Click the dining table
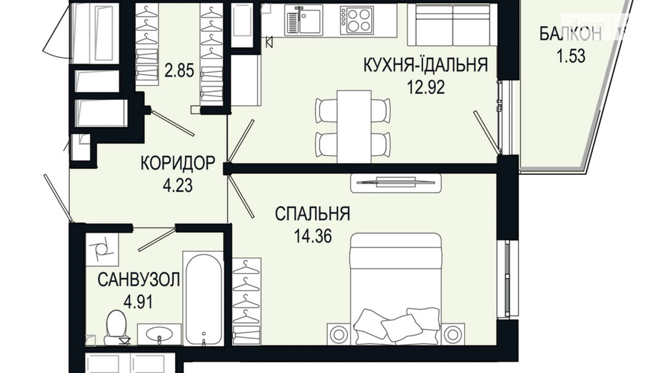pyautogui.click(x=354, y=126)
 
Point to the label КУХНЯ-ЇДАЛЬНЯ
pyautogui.click(x=426, y=65)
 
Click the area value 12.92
pyautogui.click(x=426, y=87)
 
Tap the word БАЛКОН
pyautogui.click(x=570, y=34)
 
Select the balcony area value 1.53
pyautogui.click(x=571, y=56)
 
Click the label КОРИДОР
pyautogui.click(x=178, y=164)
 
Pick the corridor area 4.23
pyautogui.click(x=178, y=186)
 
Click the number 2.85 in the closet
pyautogui.click(x=179, y=71)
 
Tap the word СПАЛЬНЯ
pyautogui.click(x=312, y=214)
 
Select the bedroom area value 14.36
pyautogui.click(x=313, y=236)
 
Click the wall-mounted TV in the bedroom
pyautogui.click(x=396, y=183)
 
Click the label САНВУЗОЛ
pyautogui.click(x=139, y=280)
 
